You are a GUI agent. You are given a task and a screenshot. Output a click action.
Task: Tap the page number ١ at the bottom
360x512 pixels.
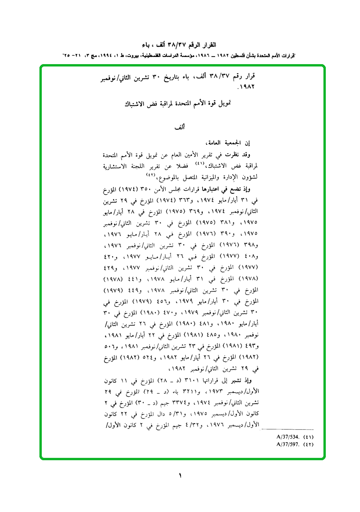tap(180, 475)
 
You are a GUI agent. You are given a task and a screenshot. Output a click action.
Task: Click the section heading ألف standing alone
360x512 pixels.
tap(179, 128)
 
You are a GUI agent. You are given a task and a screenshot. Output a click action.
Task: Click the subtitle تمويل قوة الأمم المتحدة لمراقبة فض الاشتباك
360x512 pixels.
tap(180, 103)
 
